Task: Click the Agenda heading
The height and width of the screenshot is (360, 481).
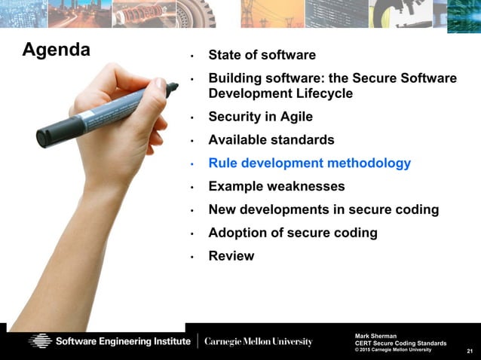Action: (57, 50)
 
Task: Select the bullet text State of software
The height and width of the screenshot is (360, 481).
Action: (262, 55)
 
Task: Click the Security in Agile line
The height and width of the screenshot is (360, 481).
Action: (260, 117)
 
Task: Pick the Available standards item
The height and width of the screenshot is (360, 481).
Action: (271, 140)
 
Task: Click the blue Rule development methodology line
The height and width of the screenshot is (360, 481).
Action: (309, 163)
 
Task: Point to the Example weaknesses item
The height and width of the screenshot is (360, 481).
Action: (276, 186)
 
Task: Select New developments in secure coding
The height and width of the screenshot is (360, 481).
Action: (323, 209)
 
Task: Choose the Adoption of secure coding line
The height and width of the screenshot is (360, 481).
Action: (293, 233)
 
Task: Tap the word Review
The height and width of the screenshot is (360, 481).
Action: (231, 256)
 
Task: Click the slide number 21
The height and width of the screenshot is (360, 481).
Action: (470, 352)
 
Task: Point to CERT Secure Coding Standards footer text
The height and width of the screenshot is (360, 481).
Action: (400, 343)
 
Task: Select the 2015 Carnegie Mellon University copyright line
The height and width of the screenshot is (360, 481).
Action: (394, 349)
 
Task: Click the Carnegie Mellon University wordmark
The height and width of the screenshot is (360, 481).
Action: (258, 341)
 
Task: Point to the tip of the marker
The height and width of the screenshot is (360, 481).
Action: (175, 87)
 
